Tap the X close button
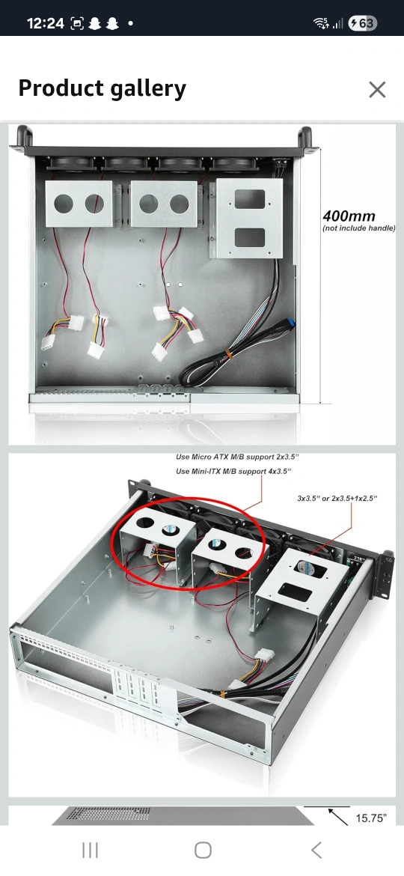[377, 89]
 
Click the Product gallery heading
[102, 88]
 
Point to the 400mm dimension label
[349, 216]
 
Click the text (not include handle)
[359, 228]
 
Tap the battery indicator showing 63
[362, 23]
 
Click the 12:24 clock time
[45, 23]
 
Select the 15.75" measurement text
[371, 818]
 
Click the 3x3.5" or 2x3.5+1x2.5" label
[337, 498]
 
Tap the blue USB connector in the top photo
[291, 325]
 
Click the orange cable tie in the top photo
[227, 355]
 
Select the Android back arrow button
[316, 851]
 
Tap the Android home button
[203, 851]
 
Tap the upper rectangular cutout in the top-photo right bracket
[250, 199]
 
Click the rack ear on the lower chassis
[384, 576]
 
